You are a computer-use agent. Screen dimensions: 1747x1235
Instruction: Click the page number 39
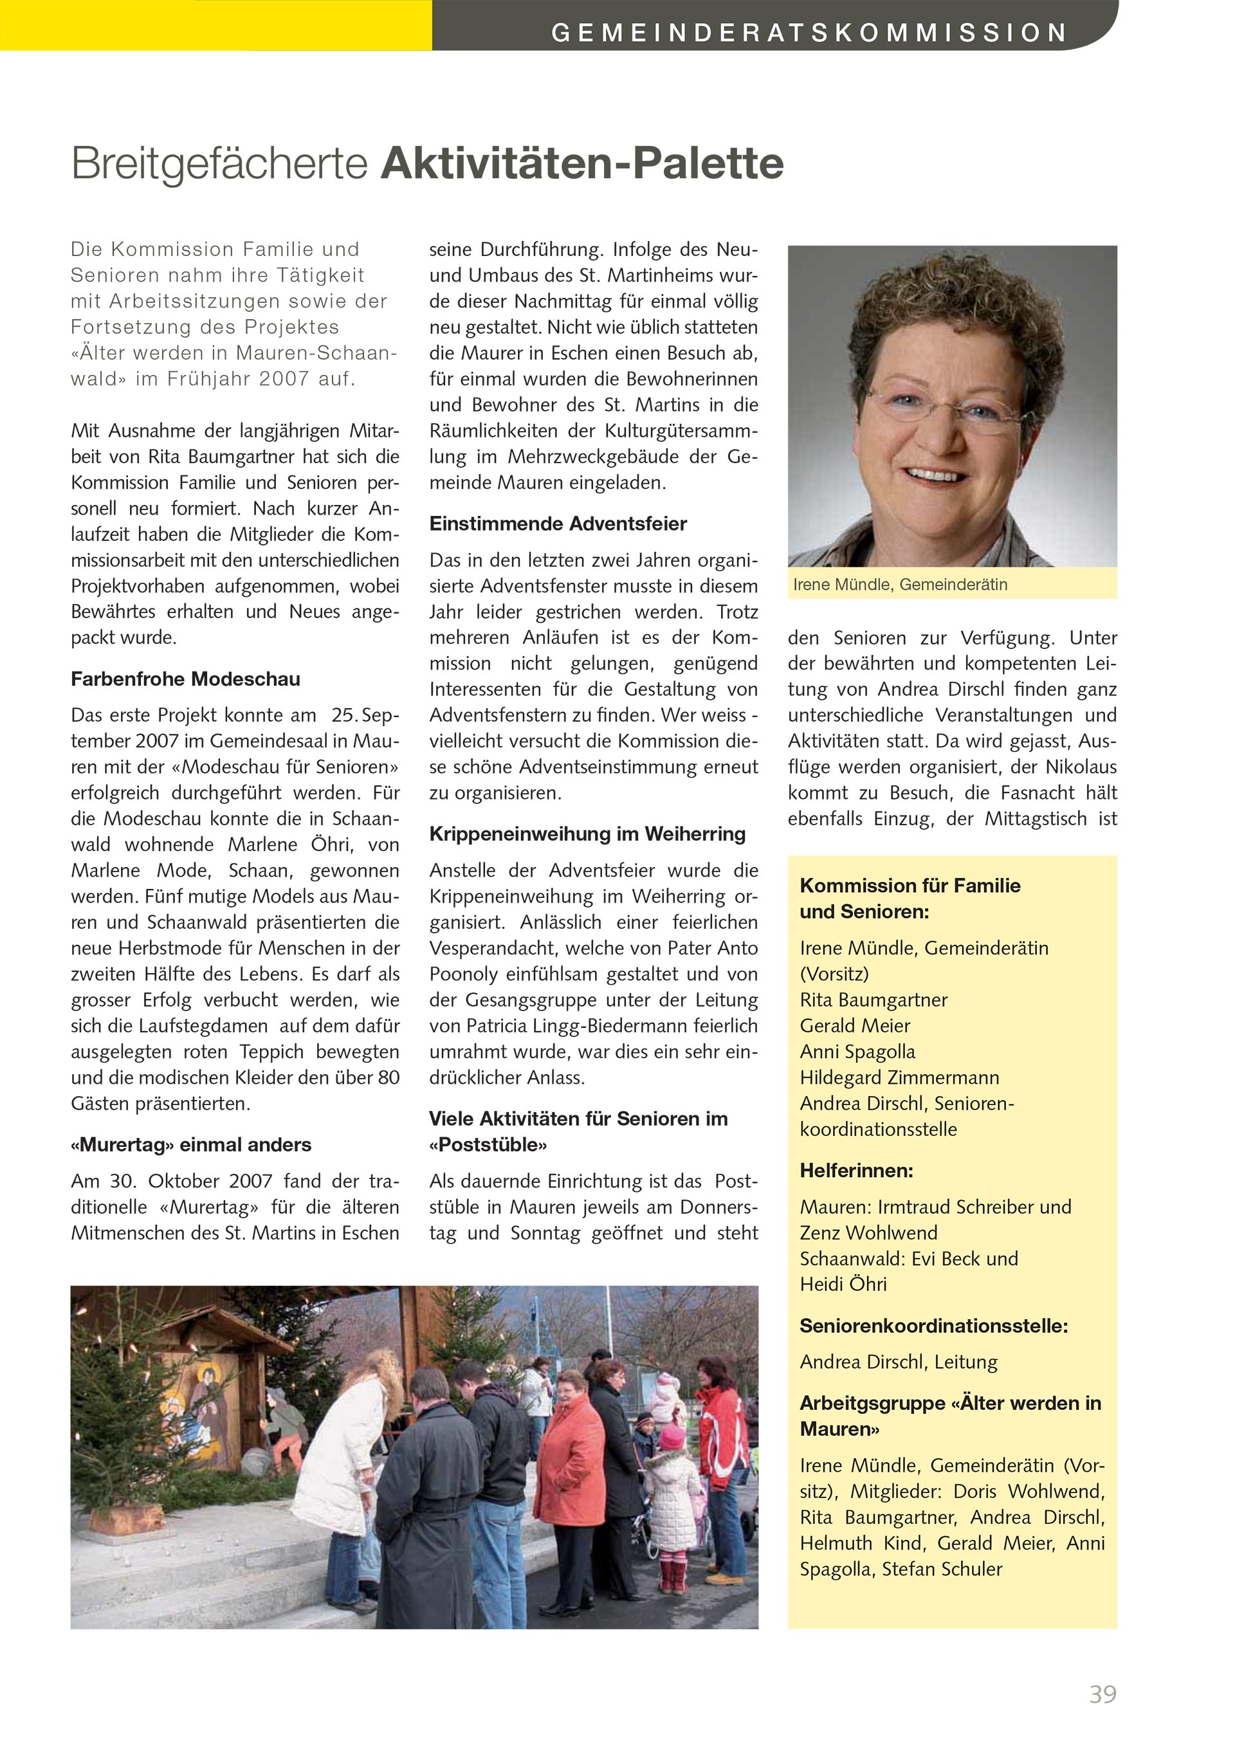(x=1102, y=1694)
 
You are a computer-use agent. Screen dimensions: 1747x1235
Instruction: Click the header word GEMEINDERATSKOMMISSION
(x=808, y=33)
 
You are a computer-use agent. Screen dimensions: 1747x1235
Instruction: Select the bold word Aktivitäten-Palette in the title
(x=582, y=163)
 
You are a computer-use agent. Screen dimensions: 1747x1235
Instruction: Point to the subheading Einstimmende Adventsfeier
(x=558, y=524)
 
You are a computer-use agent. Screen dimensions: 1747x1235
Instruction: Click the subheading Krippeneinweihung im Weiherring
(x=587, y=834)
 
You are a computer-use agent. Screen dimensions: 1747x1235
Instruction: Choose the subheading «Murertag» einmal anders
(x=191, y=1144)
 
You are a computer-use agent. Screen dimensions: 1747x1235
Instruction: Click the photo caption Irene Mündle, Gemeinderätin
(x=899, y=584)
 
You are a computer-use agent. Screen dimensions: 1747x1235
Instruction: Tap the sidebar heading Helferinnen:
(x=856, y=1170)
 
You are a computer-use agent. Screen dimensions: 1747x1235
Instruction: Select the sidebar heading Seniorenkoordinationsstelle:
(x=934, y=1326)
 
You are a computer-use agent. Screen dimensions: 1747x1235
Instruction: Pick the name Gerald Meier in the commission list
(x=855, y=1026)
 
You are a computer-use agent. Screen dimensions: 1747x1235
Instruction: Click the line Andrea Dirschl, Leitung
(x=898, y=1362)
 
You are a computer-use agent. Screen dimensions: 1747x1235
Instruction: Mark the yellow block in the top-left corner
(x=215, y=24)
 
